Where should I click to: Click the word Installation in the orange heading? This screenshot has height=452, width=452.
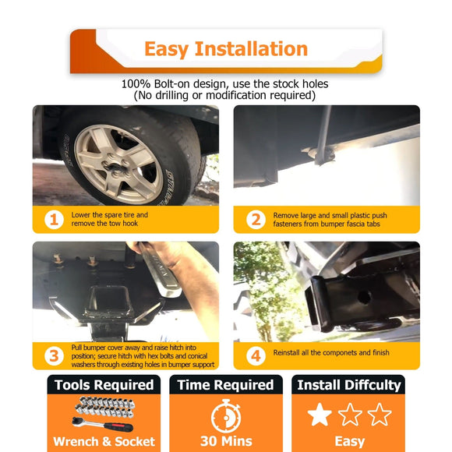251,49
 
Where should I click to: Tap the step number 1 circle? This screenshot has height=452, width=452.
54,220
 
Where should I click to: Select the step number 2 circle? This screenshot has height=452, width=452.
256,220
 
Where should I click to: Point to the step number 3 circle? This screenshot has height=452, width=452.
54,355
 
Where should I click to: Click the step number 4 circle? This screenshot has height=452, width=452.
256,355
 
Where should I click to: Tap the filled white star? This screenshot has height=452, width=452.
320,415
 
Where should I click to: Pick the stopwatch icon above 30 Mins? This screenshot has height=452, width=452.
226,415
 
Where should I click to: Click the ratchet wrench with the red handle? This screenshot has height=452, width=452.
102,424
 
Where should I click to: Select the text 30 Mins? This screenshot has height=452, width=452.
226,441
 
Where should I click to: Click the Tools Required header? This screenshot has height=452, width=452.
104,385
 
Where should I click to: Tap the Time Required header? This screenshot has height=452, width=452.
225,385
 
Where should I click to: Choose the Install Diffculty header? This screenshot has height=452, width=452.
349,386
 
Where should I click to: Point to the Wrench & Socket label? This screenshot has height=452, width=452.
104,442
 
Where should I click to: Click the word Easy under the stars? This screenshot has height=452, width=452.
350,442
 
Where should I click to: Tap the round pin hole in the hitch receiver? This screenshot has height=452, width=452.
364,297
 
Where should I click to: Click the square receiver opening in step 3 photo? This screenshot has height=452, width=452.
110,299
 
